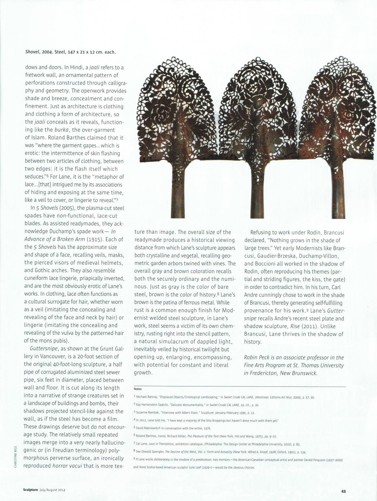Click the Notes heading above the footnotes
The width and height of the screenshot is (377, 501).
138,389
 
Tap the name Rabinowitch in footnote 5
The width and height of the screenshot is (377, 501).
152,428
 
